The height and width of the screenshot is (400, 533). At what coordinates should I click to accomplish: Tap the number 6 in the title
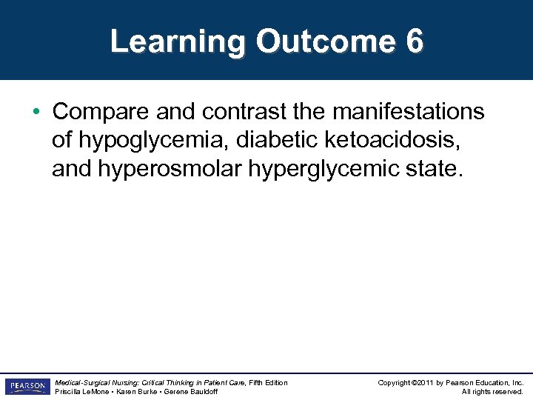pos(415,41)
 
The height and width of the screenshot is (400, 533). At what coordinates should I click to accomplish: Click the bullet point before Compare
pos(36,113)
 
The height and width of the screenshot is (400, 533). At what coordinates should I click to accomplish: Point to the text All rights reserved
pos(492,392)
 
